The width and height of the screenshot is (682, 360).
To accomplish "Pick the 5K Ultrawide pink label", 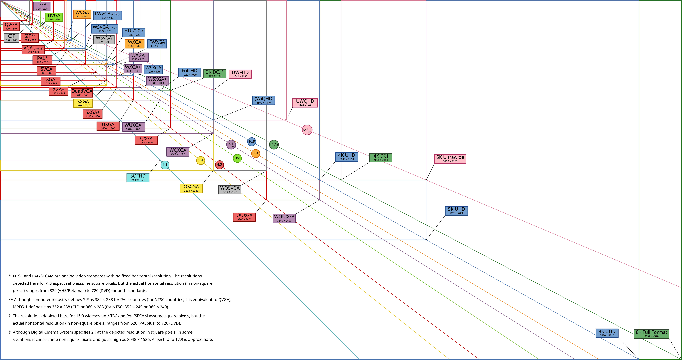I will (x=450, y=159).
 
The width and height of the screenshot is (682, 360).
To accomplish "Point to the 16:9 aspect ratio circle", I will (x=252, y=142).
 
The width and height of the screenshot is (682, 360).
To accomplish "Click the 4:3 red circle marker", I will (x=219, y=165).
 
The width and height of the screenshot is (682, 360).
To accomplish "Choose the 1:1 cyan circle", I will (x=165, y=165).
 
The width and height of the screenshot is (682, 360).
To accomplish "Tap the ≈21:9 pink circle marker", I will (x=307, y=130).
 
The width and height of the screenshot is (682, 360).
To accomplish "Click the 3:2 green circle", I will (x=237, y=158).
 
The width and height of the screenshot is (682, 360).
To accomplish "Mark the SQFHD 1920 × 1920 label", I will (x=138, y=178).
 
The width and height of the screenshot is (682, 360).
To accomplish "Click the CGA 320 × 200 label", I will (x=42, y=6).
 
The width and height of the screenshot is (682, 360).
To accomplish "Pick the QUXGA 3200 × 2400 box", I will (x=244, y=217).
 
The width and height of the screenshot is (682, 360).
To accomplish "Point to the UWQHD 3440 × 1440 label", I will (x=305, y=103).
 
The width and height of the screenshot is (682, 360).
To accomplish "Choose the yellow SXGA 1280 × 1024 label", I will (x=83, y=103).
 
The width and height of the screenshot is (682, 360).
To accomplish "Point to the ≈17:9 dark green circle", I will (x=274, y=145).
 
